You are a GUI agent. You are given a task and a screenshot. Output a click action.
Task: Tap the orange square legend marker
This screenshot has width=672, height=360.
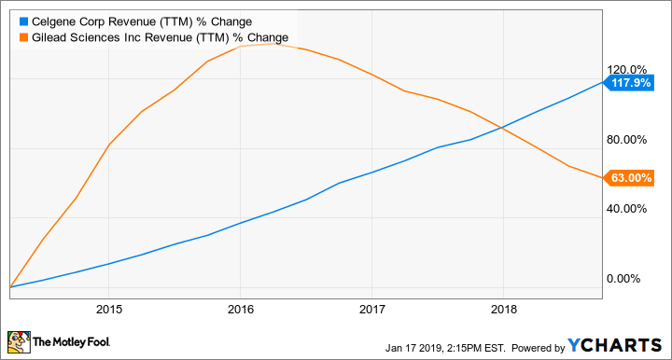click(11, 36)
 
